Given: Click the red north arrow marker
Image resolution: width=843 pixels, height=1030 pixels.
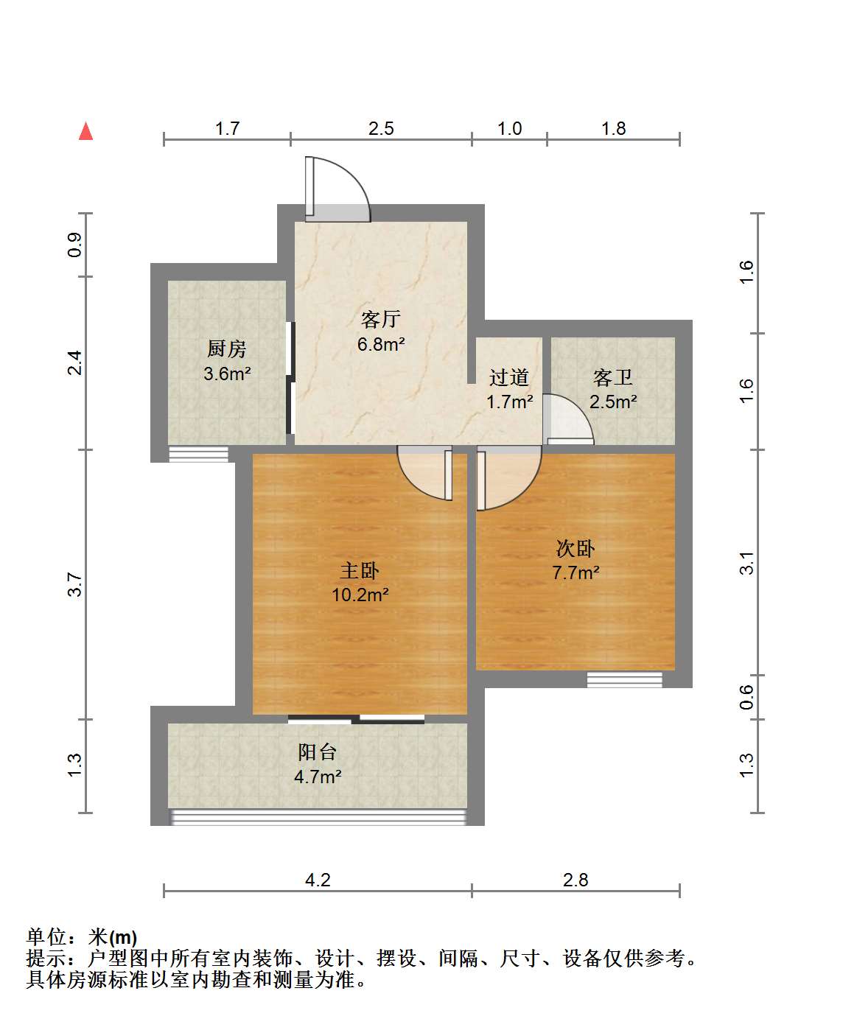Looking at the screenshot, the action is (x=86, y=131).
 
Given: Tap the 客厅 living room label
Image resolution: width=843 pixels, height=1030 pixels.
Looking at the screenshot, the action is (x=380, y=320).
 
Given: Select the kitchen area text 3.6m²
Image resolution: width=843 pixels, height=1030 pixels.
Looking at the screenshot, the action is (x=227, y=374).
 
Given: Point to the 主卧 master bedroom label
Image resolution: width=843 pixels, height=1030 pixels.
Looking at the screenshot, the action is (x=360, y=570).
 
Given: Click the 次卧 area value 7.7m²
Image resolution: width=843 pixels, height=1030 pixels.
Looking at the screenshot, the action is (x=576, y=572).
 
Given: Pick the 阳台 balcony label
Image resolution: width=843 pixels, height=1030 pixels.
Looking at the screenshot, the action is (x=317, y=752).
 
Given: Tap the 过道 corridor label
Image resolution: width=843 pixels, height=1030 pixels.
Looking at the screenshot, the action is (x=509, y=377).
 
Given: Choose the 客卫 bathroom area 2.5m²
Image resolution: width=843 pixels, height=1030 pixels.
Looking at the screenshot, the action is (x=613, y=402).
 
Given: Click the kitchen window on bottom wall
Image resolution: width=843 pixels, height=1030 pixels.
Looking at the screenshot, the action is (x=198, y=454).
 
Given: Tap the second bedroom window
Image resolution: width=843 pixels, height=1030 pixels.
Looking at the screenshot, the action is (x=624, y=679).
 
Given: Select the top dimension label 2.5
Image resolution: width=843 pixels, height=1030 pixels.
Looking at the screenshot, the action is (x=381, y=128).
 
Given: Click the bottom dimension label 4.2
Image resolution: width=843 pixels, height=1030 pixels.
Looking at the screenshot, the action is (x=318, y=880).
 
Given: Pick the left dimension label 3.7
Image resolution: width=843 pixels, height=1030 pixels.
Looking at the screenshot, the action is (x=74, y=584).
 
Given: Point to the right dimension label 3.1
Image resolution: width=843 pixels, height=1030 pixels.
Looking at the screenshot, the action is (x=746, y=563).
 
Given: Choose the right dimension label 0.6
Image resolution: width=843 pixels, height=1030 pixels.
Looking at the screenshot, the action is (x=746, y=697).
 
